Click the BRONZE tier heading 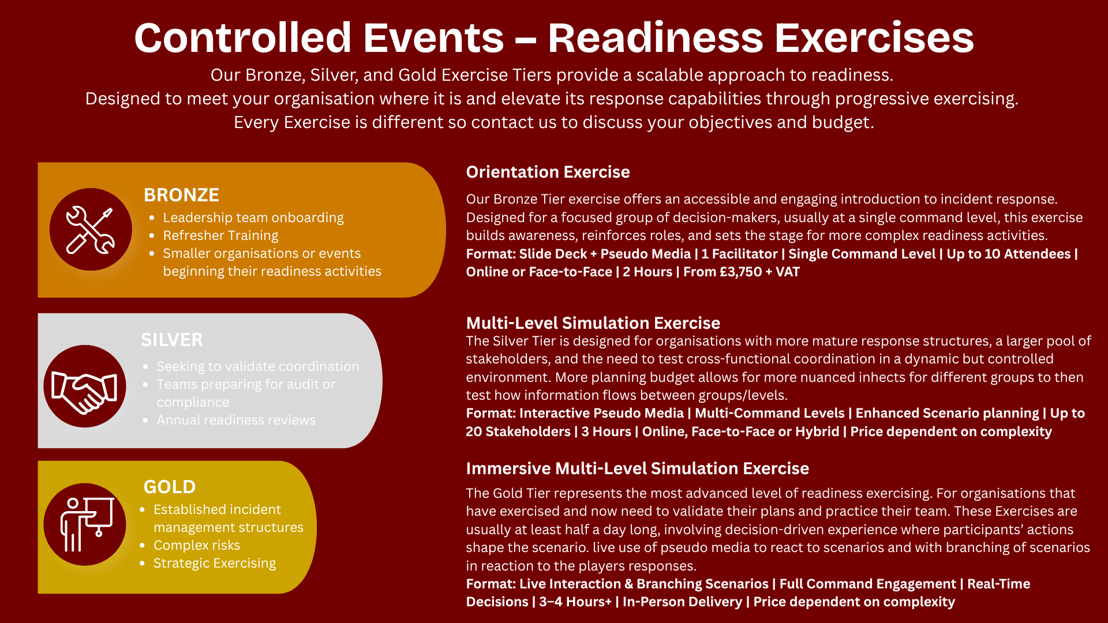181,195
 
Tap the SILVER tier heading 172,340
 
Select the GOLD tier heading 170,487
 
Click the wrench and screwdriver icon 91,230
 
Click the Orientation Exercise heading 548,172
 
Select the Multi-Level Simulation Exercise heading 593,323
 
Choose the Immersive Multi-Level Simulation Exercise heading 638,468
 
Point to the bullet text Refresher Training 220,235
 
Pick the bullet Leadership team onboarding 253,217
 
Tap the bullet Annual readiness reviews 236,420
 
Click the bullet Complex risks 197,545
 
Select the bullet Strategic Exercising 215,563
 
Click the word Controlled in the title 243,38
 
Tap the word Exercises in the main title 874,38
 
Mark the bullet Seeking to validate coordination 258,366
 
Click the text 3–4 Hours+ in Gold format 575,602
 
